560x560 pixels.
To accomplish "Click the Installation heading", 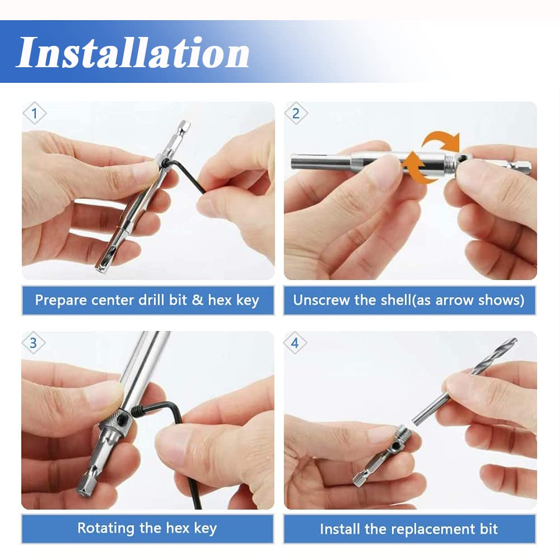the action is (133, 52).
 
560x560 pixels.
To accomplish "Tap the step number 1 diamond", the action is (34, 114).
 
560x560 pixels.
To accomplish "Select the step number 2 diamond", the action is (296, 114).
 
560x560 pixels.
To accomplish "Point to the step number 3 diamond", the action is (33, 343).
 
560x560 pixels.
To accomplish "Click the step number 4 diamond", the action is (295, 343).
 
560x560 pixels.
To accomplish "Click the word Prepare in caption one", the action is (60, 300).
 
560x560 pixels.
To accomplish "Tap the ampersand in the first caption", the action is (197, 300).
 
